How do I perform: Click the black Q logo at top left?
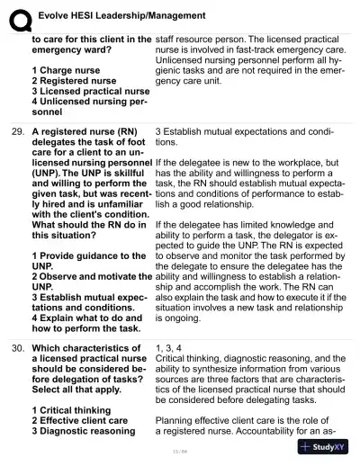pyautogui.click(x=16, y=14)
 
